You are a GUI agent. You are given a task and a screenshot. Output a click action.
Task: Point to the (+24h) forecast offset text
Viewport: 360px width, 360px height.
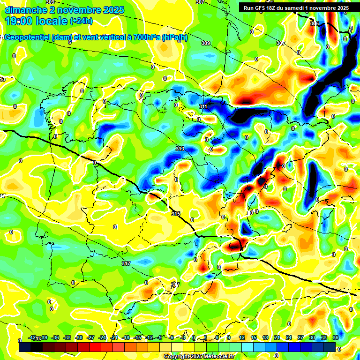point(81,21)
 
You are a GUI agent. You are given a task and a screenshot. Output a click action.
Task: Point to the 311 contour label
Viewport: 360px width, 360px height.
point(203,107)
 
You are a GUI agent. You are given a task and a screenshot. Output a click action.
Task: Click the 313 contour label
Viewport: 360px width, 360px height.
point(180,149)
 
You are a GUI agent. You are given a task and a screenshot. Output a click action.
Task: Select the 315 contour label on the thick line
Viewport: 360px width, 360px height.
point(176,214)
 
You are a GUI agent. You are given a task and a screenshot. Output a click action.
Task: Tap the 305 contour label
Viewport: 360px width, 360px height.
point(314,23)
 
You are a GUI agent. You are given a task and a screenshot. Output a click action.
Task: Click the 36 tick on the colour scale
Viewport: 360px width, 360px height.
point(335,337)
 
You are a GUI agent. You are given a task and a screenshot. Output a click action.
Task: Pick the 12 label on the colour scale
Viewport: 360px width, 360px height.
point(242,337)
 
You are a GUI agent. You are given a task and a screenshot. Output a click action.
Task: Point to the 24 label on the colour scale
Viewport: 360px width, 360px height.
point(289,337)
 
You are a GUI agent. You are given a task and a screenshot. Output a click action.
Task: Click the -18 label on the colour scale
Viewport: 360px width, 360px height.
point(125,337)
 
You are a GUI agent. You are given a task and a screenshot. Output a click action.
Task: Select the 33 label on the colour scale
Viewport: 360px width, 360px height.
point(323,337)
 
